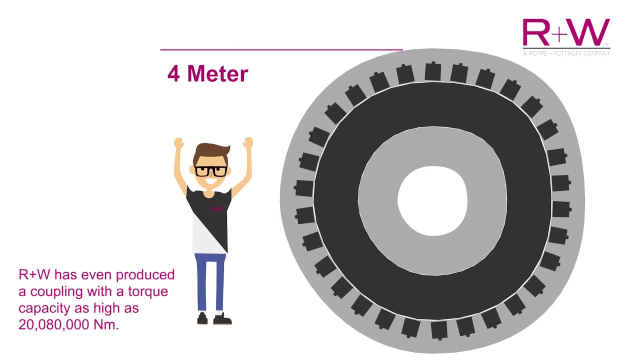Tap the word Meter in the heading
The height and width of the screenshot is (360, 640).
click(x=217, y=74)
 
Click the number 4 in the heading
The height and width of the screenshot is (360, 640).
click(x=173, y=74)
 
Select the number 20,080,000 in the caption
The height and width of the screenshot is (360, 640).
click(x=54, y=324)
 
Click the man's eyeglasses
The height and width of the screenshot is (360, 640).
click(x=210, y=170)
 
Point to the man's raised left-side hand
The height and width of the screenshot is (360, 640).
click(x=178, y=143)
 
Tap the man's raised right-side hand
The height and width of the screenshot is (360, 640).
click(x=248, y=142)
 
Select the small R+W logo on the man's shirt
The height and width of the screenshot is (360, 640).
click(x=217, y=208)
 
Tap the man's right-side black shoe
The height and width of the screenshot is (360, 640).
click(x=223, y=319)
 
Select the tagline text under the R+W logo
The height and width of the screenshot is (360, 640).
click(x=566, y=52)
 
